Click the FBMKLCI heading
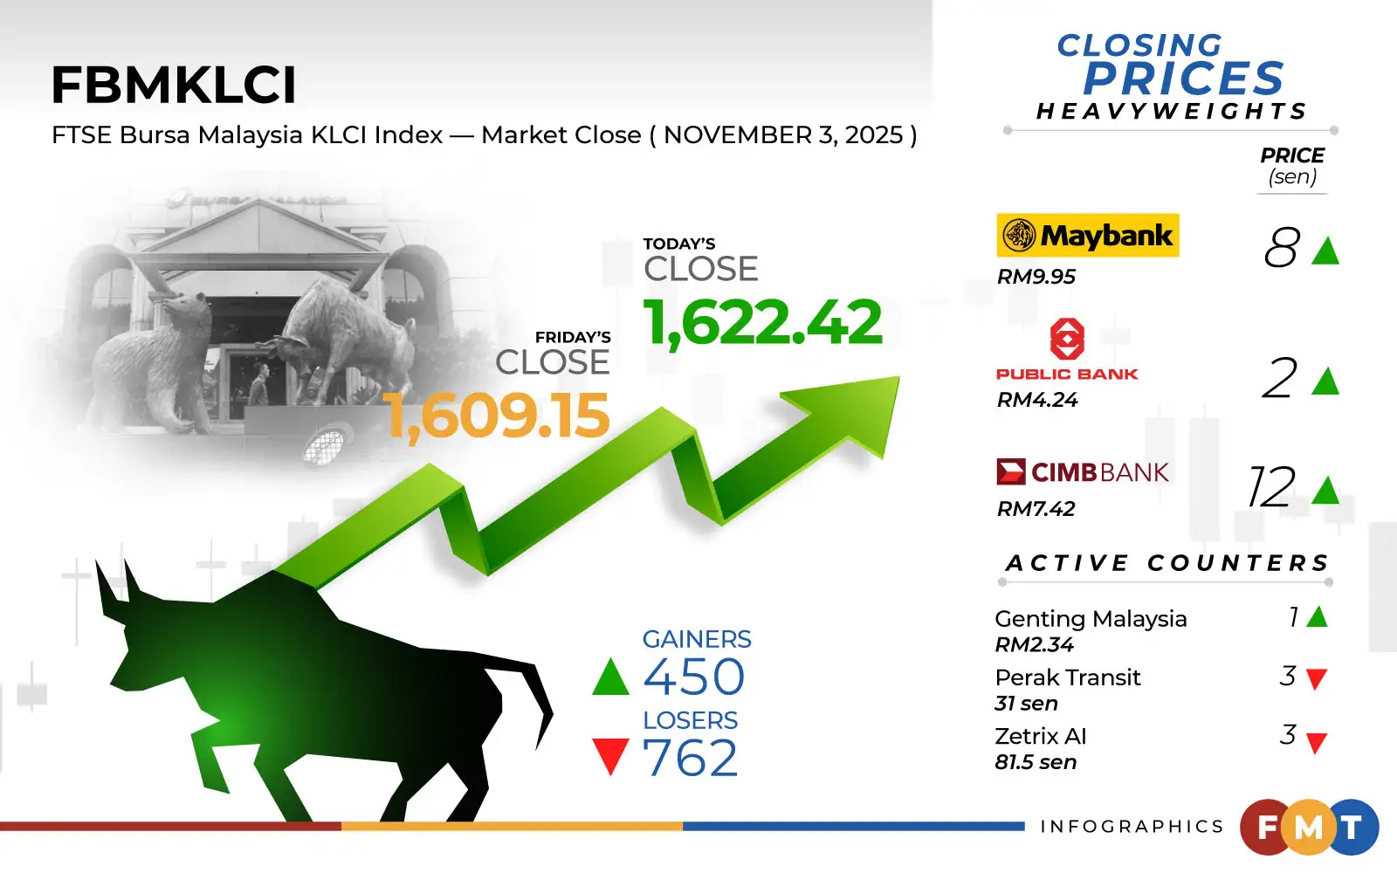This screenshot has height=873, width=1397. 174,86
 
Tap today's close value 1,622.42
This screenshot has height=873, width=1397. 763,322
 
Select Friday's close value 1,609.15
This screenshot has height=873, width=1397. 497,416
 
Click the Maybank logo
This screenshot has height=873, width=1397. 1088,235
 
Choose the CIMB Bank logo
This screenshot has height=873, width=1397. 1083,472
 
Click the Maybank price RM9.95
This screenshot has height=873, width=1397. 1036,277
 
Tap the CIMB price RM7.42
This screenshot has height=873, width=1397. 1036,509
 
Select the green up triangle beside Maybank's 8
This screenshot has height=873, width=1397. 1325,251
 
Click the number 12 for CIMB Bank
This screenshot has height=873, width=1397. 1271,487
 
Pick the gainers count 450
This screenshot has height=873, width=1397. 694,677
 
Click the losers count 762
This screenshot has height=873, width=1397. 691,758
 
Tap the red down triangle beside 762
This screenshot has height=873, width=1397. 610,756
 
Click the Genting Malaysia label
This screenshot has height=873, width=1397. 1091,619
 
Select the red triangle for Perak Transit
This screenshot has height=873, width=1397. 1317,678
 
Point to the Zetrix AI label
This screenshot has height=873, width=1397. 1041,737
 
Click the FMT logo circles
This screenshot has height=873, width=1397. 1309,827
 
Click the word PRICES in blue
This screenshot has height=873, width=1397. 1183,79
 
